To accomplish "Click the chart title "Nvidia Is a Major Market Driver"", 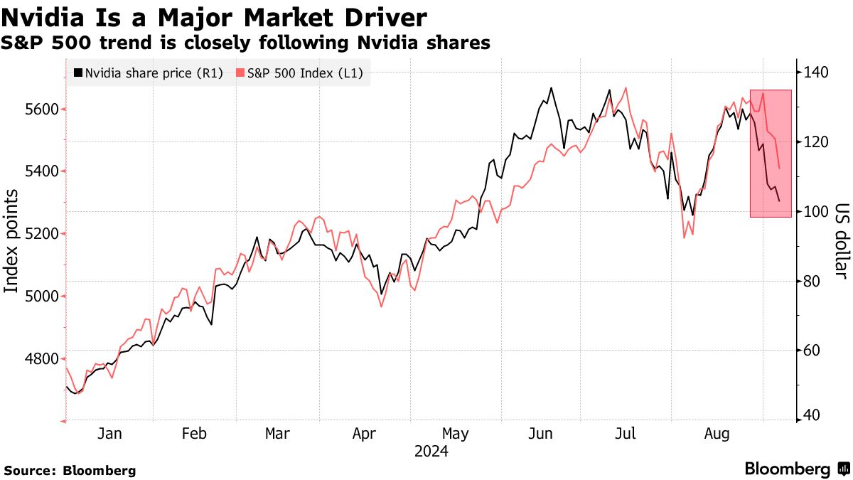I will point(215,17).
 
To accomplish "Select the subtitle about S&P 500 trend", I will point(245,43).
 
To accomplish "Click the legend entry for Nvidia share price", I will point(149,73).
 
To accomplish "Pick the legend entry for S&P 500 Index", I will point(299,73).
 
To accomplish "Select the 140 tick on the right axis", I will point(816,73).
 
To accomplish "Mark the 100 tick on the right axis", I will point(816,211).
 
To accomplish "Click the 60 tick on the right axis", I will point(812,350).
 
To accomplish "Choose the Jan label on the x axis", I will point(110,433).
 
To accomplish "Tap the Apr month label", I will point(364,433).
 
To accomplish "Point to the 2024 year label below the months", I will point(431,451).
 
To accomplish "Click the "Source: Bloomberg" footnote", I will point(70,470).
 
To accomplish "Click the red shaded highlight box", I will point(771,153).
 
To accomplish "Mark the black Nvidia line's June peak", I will point(551,88).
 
